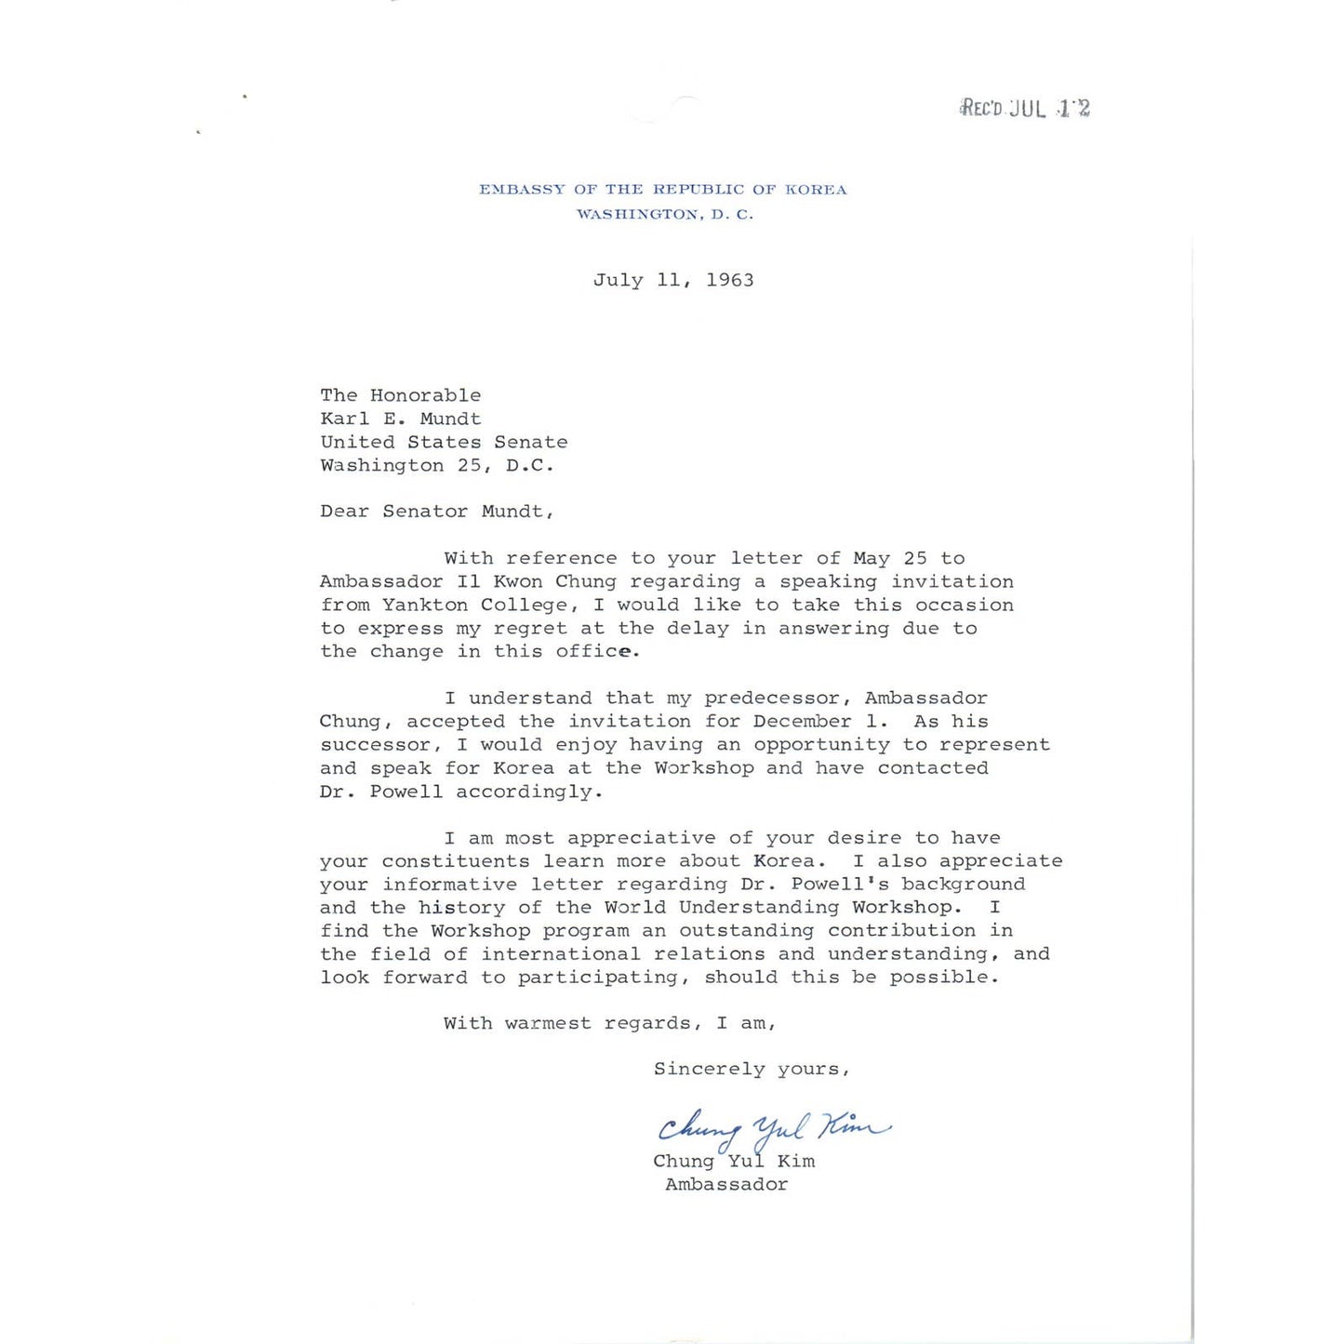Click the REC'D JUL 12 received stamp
click(1025, 108)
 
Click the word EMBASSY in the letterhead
click(522, 190)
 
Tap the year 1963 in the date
click(729, 280)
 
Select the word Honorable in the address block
click(425, 395)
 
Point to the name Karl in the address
click(345, 419)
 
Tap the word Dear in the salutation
click(344, 512)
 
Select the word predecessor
click(778, 699)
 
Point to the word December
click(802, 722)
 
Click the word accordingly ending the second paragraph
click(528, 792)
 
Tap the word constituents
click(456, 861)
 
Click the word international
click(560, 954)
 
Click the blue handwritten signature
click(772, 1129)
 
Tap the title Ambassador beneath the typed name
click(726, 1185)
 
